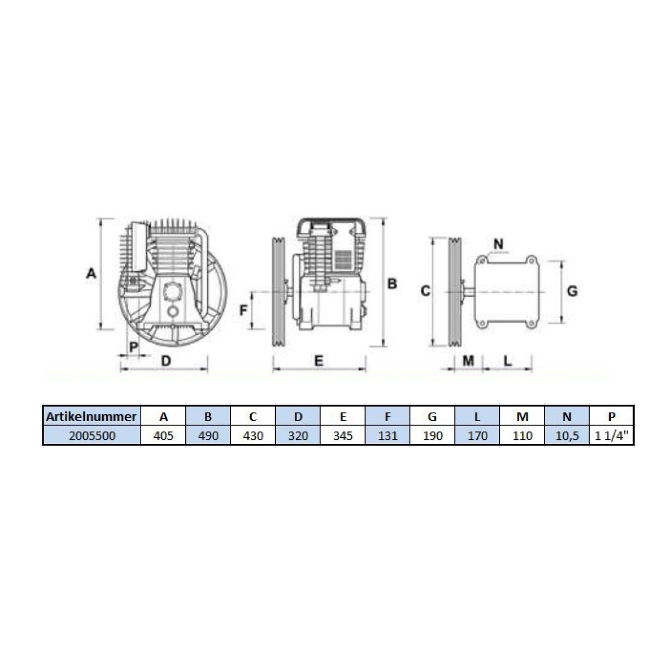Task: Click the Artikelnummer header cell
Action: pyautogui.click(x=91, y=416)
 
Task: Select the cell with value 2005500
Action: pyautogui.click(x=92, y=435)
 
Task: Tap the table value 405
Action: pyautogui.click(x=163, y=435)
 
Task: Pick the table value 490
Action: pyautogui.click(x=208, y=435)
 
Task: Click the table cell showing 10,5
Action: pyautogui.click(x=567, y=435)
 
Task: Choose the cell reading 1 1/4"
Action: pyautogui.click(x=611, y=435)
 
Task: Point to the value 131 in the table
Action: pyautogui.click(x=387, y=435)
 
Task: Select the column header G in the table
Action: pyautogui.click(x=432, y=416)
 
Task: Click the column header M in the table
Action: pyautogui.click(x=522, y=416)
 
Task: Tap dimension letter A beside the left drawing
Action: pyautogui.click(x=91, y=273)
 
